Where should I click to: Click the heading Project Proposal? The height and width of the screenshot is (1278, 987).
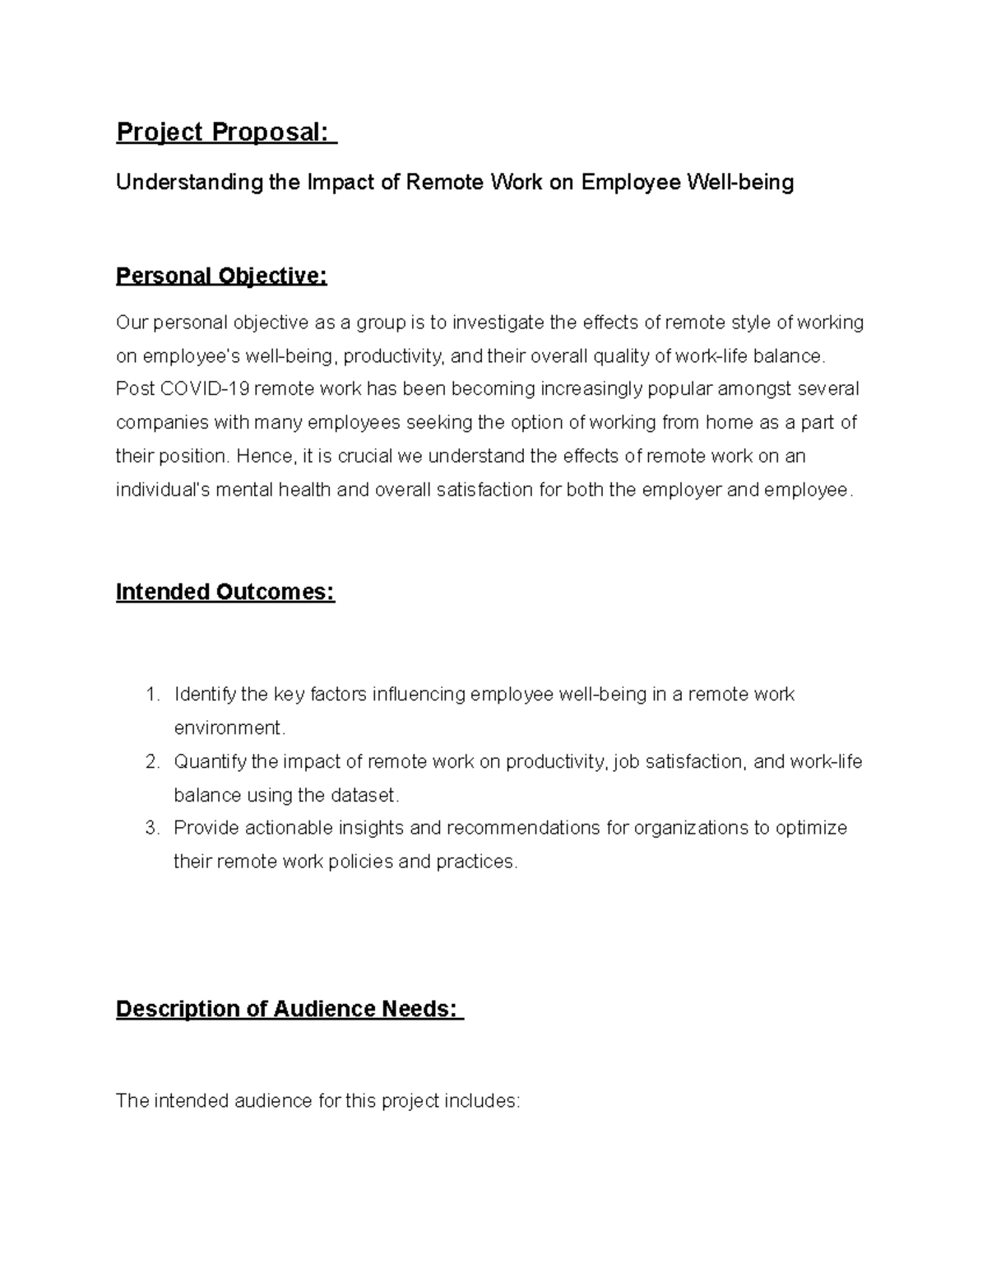tap(226, 132)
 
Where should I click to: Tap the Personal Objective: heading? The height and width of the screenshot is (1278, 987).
tap(221, 276)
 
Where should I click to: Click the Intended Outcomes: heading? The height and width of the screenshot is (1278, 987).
tap(225, 592)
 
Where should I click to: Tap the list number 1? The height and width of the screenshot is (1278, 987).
tap(151, 695)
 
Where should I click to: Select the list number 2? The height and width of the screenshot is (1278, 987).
tap(151, 762)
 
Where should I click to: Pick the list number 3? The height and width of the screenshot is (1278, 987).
tap(151, 828)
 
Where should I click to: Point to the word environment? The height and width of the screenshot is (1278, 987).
tap(229, 728)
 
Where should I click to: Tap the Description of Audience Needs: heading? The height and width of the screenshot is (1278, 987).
tap(290, 1009)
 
